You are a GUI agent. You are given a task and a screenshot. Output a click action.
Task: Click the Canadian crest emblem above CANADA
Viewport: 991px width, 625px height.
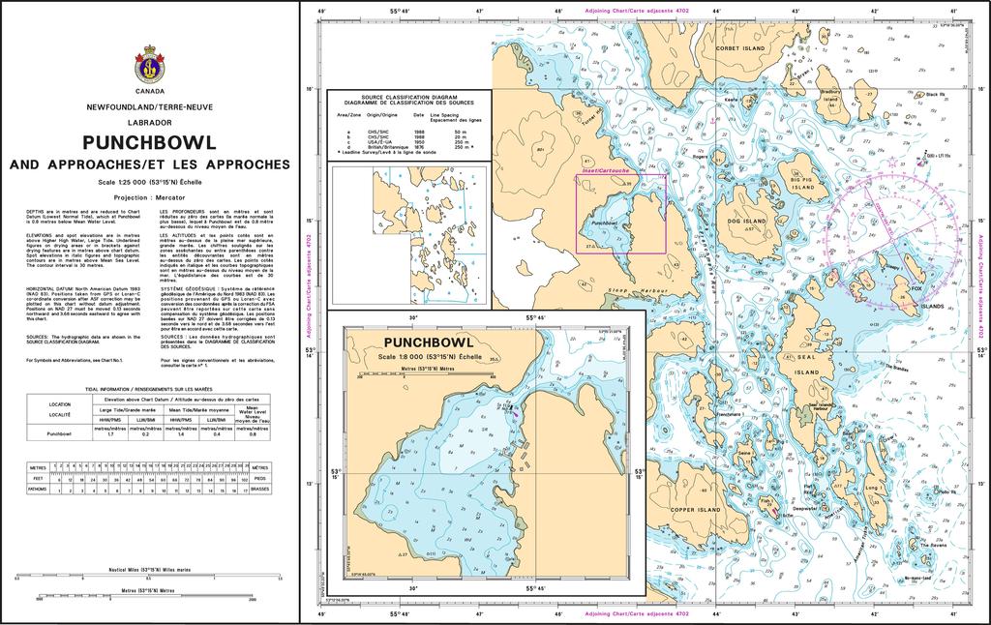pyautogui.click(x=150, y=64)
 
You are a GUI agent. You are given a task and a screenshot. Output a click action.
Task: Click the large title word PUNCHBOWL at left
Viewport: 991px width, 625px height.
pyautogui.click(x=149, y=141)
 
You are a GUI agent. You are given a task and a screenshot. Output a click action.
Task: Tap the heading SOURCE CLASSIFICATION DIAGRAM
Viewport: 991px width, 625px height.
pyautogui.click(x=409, y=99)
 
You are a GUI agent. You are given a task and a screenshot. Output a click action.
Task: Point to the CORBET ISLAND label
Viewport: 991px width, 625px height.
pyautogui.click(x=740, y=47)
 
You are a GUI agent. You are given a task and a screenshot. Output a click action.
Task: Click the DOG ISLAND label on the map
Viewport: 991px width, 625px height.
pyautogui.click(x=746, y=221)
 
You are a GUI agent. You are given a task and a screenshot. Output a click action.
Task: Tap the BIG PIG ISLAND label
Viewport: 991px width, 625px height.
pyautogui.click(x=802, y=184)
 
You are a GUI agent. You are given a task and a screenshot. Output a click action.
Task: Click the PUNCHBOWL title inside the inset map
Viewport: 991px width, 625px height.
pyautogui.click(x=430, y=342)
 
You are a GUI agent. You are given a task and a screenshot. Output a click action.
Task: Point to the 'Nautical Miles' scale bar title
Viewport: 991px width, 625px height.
pyautogui.click(x=150, y=570)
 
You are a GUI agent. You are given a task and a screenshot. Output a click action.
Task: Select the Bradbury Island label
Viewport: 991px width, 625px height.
pyautogui.click(x=830, y=95)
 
